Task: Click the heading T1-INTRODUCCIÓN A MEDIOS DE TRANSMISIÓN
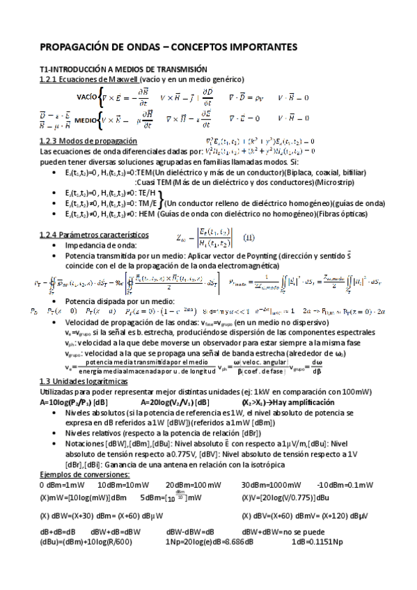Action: pos(123,70)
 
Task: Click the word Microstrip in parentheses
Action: pos(336,182)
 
